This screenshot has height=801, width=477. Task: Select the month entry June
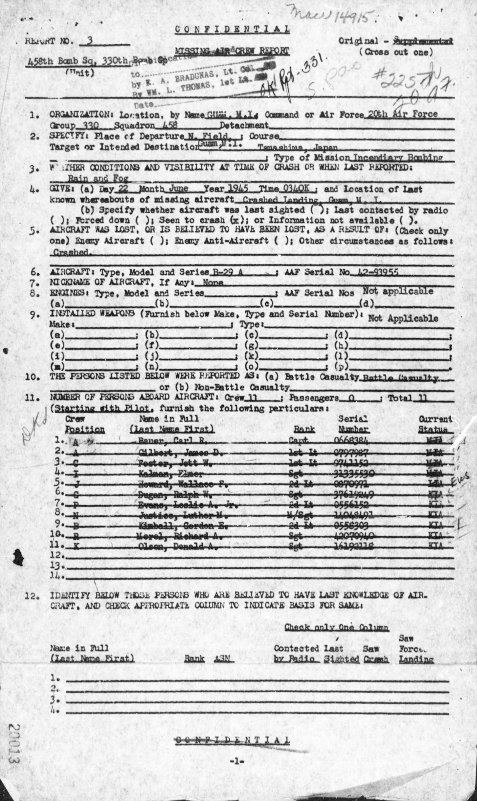pos(179,189)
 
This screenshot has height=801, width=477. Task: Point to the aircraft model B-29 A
pos(229,272)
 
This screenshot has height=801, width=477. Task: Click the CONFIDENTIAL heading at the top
pos(232,30)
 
